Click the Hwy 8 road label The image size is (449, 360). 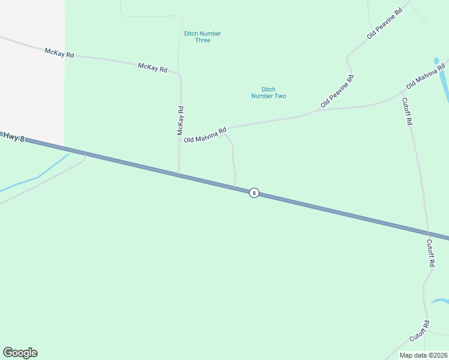click(13, 137)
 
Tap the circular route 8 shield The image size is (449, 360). click(254, 193)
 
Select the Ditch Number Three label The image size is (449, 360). click(203, 37)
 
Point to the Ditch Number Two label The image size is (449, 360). click(268, 92)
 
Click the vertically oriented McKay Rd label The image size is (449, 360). click(180, 120)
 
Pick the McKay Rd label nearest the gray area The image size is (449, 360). click(59, 53)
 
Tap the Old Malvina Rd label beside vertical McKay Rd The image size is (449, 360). click(205, 135)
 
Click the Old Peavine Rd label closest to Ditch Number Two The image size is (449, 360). click(337, 91)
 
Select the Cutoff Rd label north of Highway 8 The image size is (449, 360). click(407, 111)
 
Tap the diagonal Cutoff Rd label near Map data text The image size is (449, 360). click(420, 331)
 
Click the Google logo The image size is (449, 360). click(20, 353)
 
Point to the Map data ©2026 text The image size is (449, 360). click(423, 355)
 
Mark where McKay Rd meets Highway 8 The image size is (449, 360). click(178, 175)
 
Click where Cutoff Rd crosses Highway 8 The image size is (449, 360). click(428, 233)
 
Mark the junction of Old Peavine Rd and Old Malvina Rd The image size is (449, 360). click(318, 111)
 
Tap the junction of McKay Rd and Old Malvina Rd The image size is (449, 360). click(180, 137)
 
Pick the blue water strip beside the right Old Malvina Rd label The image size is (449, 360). click(444, 81)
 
